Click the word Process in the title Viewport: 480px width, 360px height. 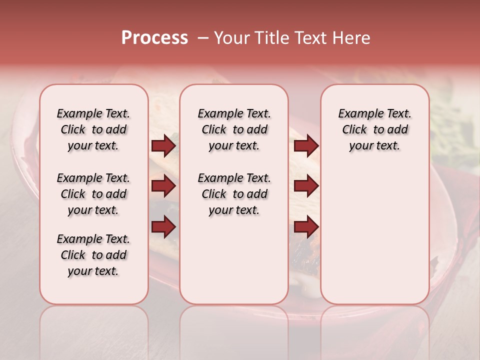pos(154,38)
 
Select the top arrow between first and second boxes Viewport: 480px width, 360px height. pos(163,146)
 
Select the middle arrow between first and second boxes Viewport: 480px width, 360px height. pos(163,186)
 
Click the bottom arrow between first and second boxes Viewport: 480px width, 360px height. pos(163,227)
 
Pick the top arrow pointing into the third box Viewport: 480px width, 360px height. pos(306,146)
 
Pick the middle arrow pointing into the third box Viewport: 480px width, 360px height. pos(306,186)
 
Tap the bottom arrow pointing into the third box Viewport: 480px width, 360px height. pos(306,227)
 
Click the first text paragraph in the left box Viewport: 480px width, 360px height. pos(93,129)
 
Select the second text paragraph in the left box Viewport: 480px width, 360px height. pos(93,194)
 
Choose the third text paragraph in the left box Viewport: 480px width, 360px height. pos(93,255)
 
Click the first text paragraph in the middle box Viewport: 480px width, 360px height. pos(234,129)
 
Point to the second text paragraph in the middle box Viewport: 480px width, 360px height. pos(234,194)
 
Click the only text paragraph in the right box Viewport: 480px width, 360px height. pos(374,129)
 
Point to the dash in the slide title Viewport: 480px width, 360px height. pos(203,38)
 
